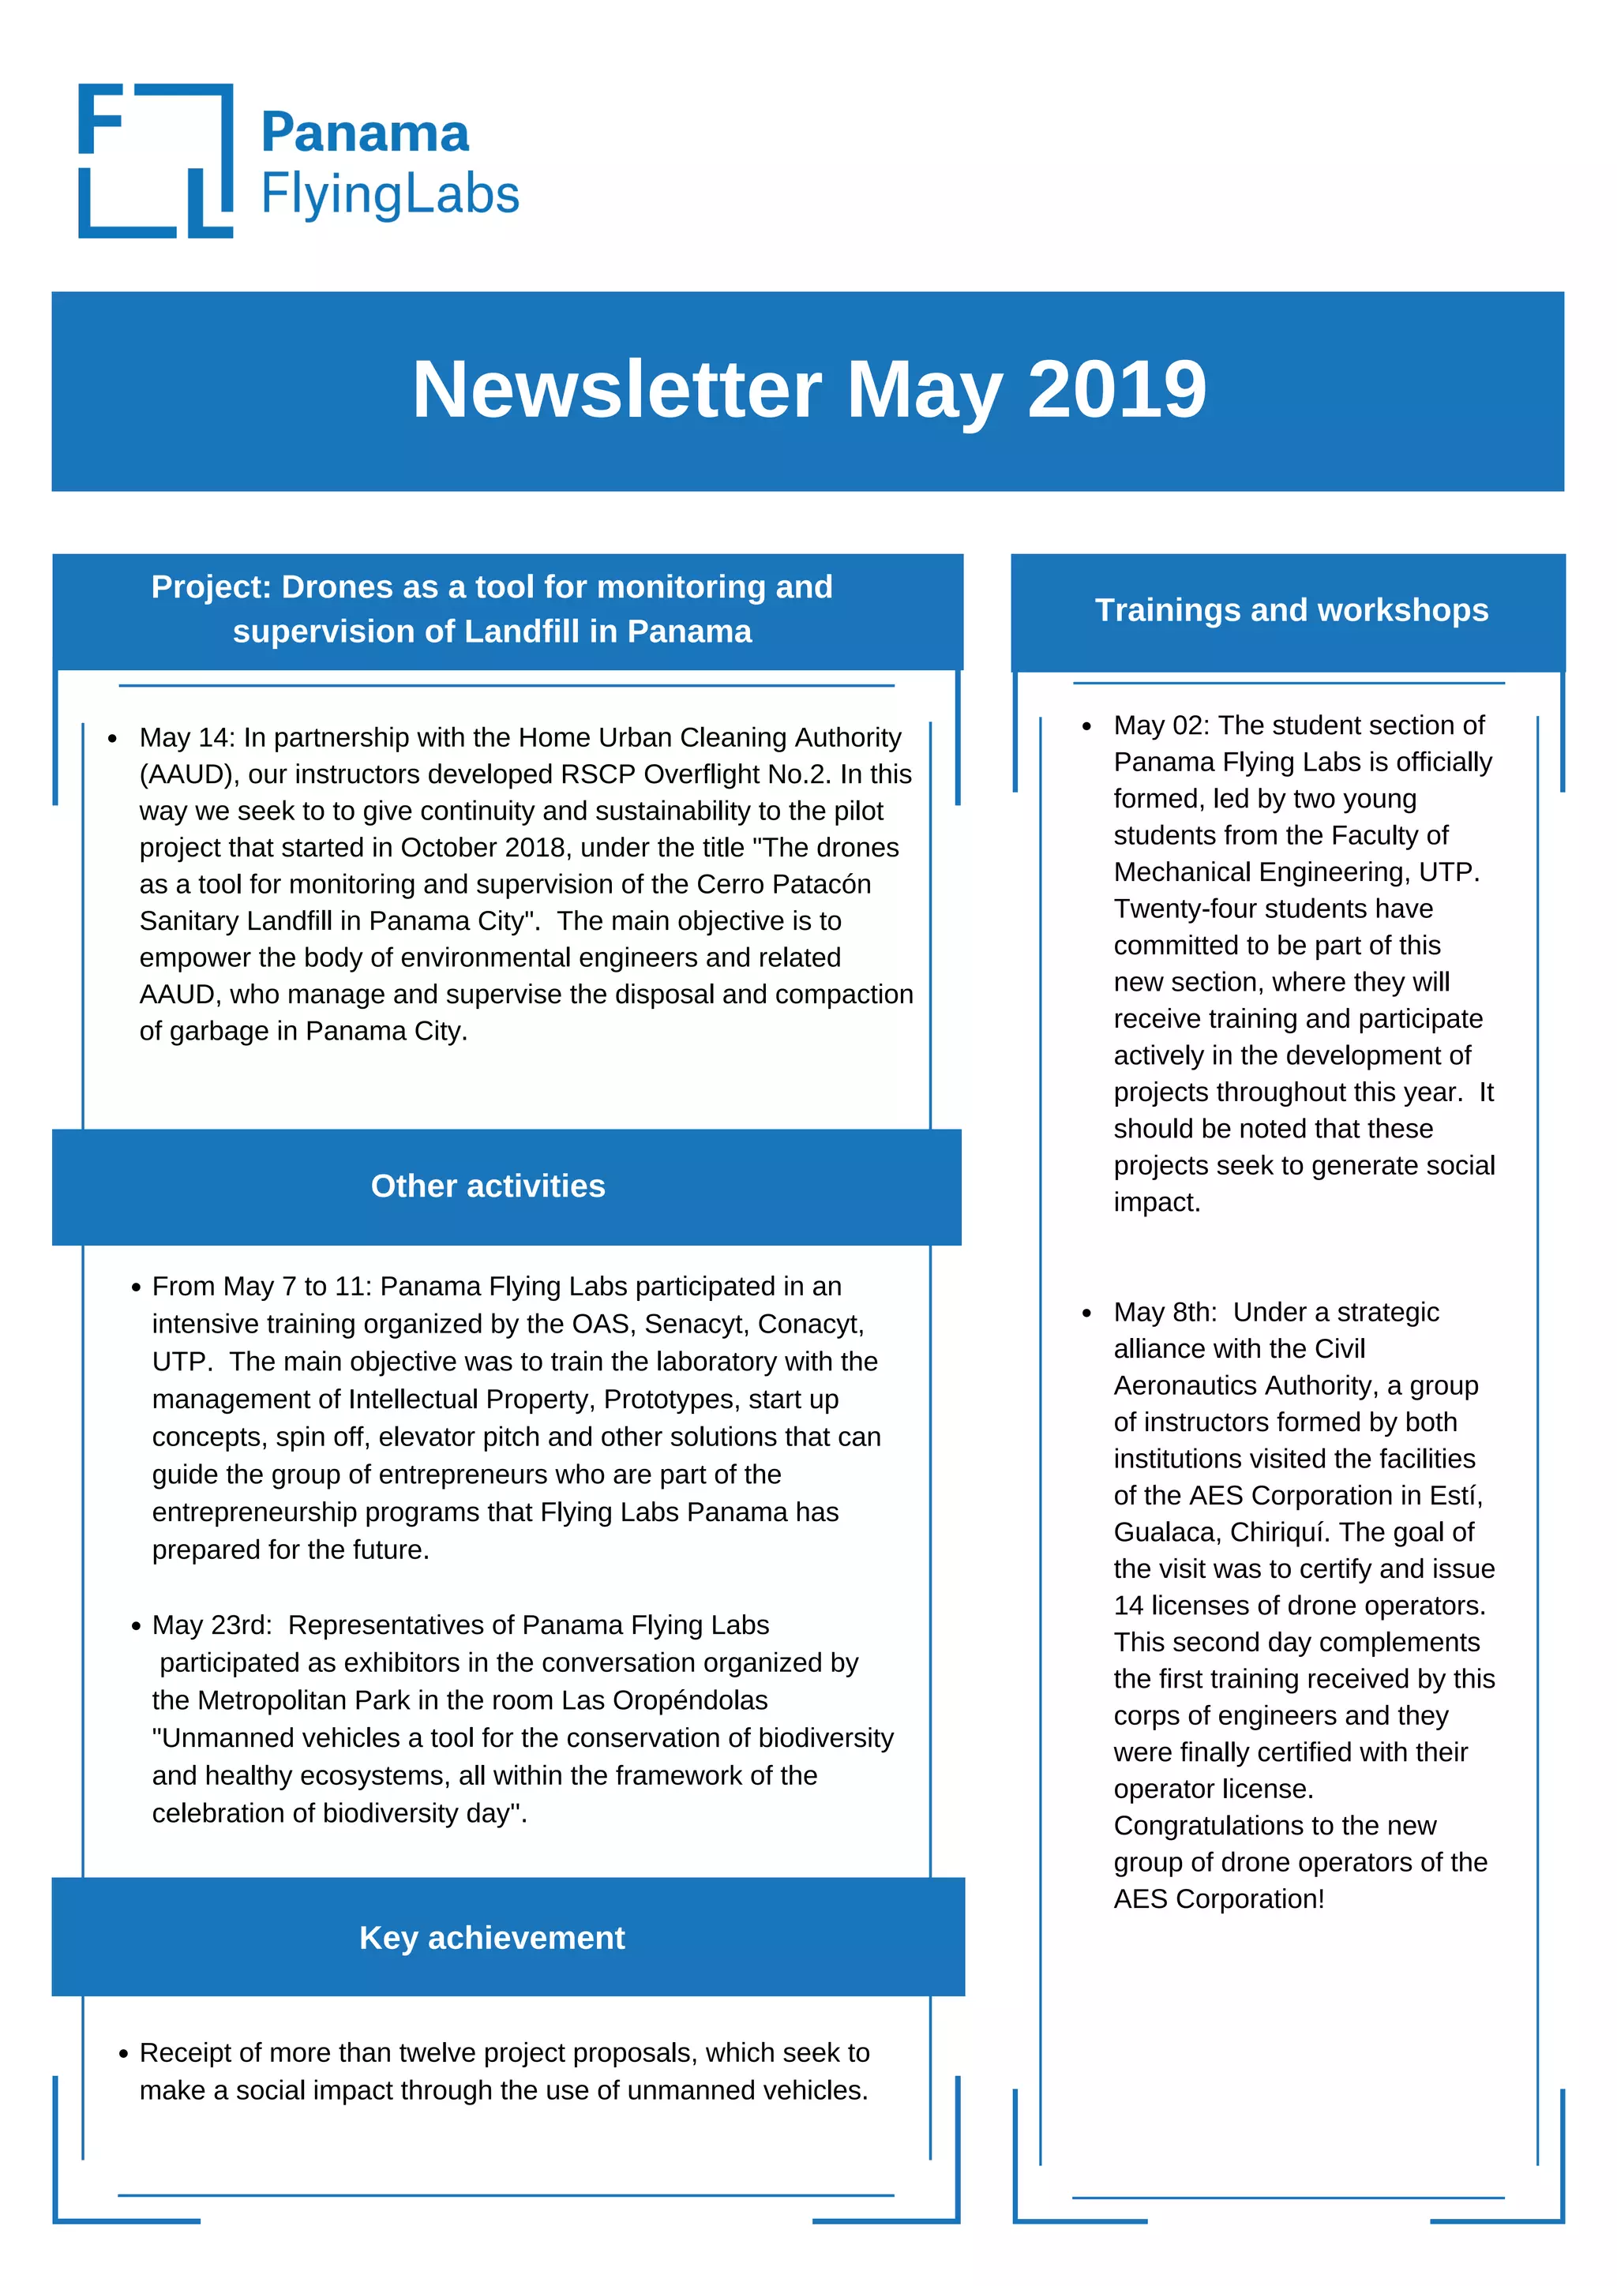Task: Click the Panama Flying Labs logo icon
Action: [x=156, y=160]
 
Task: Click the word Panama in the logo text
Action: [x=365, y=133]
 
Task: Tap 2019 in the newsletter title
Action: [x=1116, y=389]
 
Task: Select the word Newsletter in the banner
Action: [x=617, y=389]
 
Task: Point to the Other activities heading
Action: [x=488, y=1186]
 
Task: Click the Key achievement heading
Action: [x=492, y=1938]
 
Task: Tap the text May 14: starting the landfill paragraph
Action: [x=187, y=738]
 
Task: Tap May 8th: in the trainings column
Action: [x=1164, y=1312]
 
